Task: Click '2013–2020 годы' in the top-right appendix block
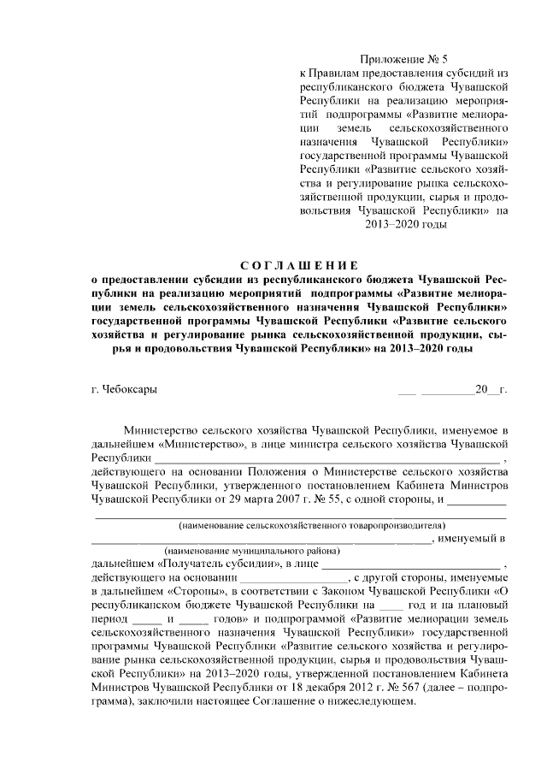click(x=405, y=225)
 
